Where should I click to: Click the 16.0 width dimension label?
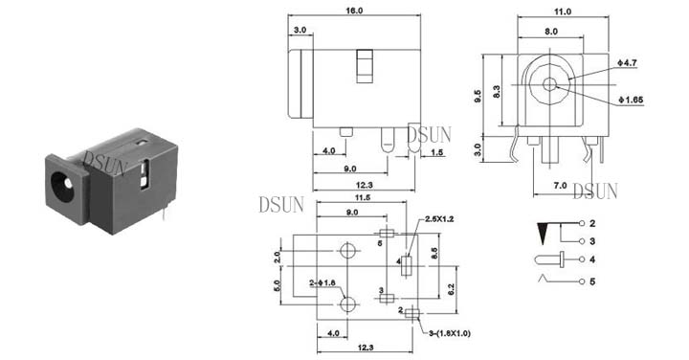pyautogui.click(x=354, y=11)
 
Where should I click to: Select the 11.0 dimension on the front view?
pyautogui.click(x=563, y=11)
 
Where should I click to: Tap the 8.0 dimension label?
pyautogui.click(x=551, y=32)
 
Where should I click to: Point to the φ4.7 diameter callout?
pyautogui.click(x=628, y=63)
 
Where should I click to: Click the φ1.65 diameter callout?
pyautogui.click(x=631, y=101)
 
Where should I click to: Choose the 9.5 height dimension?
pyautogui.click(x=478, y=97)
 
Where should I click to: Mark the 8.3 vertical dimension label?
pyautogui.click(x=497, y=91)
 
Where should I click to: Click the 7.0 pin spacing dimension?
pyautogui.click(x=560, y=186)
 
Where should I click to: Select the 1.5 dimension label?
pyautogui.click(x=437, y=152)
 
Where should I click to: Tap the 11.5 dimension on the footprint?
pyautogui.click(x=363, y=197)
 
